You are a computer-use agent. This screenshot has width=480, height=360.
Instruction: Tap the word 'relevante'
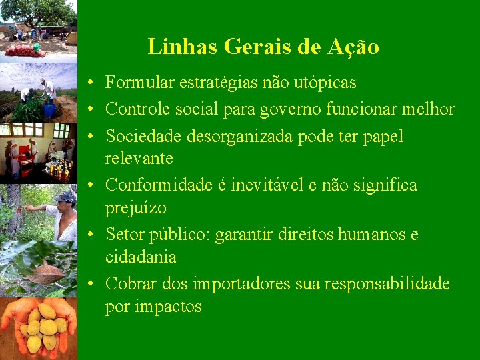point(139,159)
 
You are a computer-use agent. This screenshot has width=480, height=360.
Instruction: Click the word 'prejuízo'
point(136,208)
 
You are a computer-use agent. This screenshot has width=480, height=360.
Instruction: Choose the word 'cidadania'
point(141,257)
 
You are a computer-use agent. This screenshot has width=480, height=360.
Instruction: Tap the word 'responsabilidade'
point(387,283)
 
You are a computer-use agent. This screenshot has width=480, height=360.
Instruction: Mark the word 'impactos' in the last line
point(170,307)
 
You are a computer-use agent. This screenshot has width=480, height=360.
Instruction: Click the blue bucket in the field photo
point(50,109)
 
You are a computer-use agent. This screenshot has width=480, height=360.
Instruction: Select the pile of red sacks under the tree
point(25,49)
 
